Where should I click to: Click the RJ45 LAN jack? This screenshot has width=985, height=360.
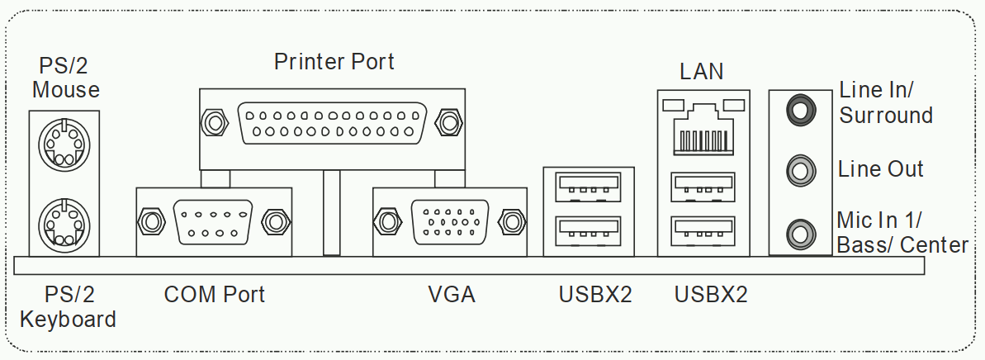coord(703,129)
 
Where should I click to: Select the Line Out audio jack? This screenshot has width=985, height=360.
coord(798,170)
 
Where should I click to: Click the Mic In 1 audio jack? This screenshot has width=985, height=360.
coord(798,232)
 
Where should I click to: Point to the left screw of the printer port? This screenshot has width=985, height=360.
coord(213,123)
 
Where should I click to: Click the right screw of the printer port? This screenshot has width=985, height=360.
coord(449,123)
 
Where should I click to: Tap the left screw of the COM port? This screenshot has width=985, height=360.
coord(150,221)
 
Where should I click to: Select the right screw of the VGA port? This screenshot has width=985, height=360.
coord(512,221)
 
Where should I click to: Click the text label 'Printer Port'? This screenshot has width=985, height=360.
coord(334,61)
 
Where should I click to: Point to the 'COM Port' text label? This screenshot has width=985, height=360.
coord(214,294)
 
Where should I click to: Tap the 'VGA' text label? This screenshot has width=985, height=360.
coord(451,294)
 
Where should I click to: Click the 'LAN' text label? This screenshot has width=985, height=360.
coord(702,72)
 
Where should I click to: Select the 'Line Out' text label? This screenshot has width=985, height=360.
coord(880,170)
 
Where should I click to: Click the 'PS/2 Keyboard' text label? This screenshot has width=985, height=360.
coord(68,306)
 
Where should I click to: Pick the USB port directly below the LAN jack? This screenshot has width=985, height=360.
coord(703,185)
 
